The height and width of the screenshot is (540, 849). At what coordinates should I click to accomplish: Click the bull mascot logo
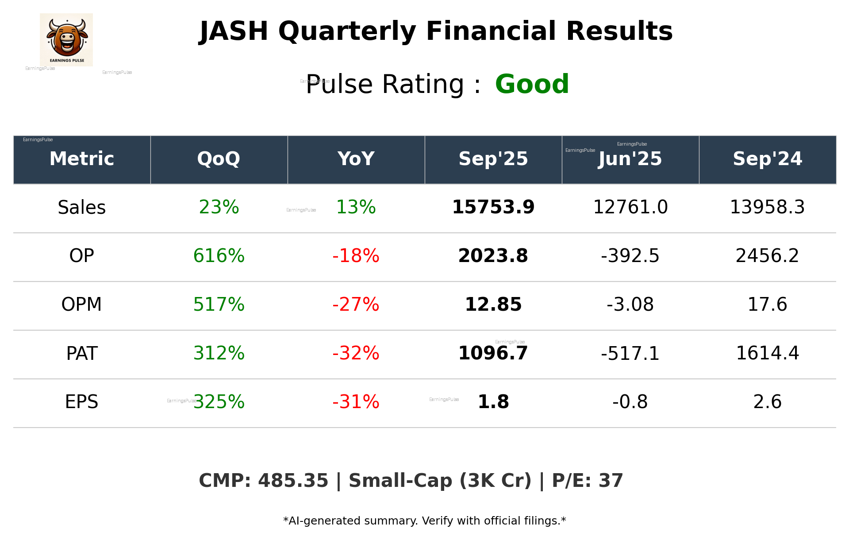pyautogui.click(x=66, y=39)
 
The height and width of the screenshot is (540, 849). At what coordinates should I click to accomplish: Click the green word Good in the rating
pyautogui.click(x=532, y=84)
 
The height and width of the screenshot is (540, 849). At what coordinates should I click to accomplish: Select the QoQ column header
pyautogui.click(x=219, y=159)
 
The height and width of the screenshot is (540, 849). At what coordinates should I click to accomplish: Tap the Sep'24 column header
pyautogui.click(x=767, y=159)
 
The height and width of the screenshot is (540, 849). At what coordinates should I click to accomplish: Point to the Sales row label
pyautogui.click(x=82, y=208)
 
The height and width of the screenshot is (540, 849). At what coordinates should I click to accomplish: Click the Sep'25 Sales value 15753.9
pyautogui.click(x=493, y=207)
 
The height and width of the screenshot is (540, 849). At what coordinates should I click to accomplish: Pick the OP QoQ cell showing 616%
pyautogui.click(x=219, y=256)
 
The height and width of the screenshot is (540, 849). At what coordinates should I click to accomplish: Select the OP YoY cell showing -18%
pyautogui.click(x=356, y=256)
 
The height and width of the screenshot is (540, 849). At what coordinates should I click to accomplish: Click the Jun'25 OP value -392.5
pyautogui.click(x=630, y=256)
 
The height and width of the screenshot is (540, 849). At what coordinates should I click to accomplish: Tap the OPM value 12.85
pyautogui.click(x=493, y=305)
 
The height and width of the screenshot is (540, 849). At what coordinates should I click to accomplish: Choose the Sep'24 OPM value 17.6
pyautogui.click(x=767, y=305)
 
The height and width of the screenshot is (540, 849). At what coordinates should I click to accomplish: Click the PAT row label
pyautogui.click(x=82, y=354)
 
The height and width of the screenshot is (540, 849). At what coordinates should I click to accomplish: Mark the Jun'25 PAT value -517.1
pyautogui.click(x=630, y=354)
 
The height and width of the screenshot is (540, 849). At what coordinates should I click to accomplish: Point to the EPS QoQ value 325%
pyautogui.click(x=219, y=402)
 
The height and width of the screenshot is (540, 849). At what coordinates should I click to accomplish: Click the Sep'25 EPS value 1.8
pyautogui.click(x=493, y=402)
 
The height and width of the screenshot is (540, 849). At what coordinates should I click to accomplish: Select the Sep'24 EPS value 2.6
pyautogui.click(x=767, y=402)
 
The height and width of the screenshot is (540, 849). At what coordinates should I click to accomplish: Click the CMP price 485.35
pyautogui.click(x=293, y=481)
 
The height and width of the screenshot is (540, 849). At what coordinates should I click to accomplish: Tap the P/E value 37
pyautogui.click(x=611, y=481)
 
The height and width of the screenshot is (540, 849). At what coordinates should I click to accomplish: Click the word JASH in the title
pyautogui.click(x=234, y=32)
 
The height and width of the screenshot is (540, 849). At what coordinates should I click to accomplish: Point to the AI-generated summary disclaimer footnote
pyautogui.click(x=424, y=521)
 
